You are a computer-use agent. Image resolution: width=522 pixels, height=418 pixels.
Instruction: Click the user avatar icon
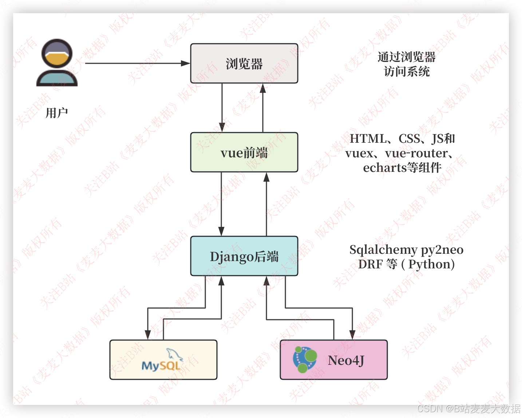pos(57,62)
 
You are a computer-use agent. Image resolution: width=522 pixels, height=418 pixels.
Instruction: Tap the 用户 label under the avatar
pos(57,113)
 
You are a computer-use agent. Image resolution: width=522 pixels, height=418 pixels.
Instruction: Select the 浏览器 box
pos(244,64)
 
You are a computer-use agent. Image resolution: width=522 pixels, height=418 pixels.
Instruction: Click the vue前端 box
pos(244,153)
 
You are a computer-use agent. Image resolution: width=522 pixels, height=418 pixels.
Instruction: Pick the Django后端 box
pos(244,256)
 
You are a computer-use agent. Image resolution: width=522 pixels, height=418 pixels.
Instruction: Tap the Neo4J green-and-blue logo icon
pos(305,359)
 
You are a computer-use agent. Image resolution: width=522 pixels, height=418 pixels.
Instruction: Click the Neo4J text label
pos(346,360)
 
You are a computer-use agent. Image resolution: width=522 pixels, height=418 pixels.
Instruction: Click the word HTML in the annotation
pos(368,139)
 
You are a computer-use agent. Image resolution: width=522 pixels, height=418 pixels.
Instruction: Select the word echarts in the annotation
pos(385,168)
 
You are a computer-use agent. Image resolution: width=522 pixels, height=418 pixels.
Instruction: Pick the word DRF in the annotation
pos(370,264)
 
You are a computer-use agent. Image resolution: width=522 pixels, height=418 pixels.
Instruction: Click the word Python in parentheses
pos(429,264)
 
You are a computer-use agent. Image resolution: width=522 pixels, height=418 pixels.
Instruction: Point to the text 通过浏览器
pos(407,57)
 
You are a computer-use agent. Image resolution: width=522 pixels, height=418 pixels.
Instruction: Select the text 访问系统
pos(407,72)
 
